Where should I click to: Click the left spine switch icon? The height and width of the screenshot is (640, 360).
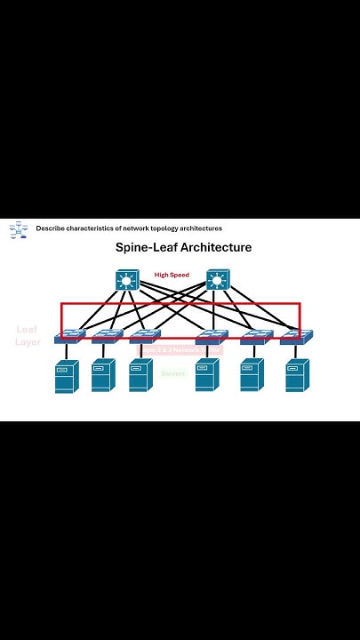coord(128,281)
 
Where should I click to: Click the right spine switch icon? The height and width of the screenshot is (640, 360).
coord(218,281)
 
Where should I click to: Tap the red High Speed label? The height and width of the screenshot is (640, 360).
coord(172,275)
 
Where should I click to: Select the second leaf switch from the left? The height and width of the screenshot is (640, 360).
coord(107,337)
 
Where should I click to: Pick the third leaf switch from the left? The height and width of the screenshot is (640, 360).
coord(144,337)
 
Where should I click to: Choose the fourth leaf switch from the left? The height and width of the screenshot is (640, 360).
coord(210,337)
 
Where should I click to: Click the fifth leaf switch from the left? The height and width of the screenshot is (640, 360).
coord(256,337)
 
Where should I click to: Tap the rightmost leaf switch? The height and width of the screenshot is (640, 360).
coord(296,337)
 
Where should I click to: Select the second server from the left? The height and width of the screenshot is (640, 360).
coord(103,375)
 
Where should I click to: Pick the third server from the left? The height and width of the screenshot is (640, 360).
coord(140,375)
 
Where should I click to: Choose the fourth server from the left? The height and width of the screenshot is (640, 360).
coord(206,375)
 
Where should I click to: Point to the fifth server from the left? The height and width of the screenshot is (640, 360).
coord(252,375)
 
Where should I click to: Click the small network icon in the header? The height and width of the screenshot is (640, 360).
coord(18,230)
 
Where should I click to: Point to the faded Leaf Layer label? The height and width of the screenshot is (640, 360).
coord(28,335)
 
